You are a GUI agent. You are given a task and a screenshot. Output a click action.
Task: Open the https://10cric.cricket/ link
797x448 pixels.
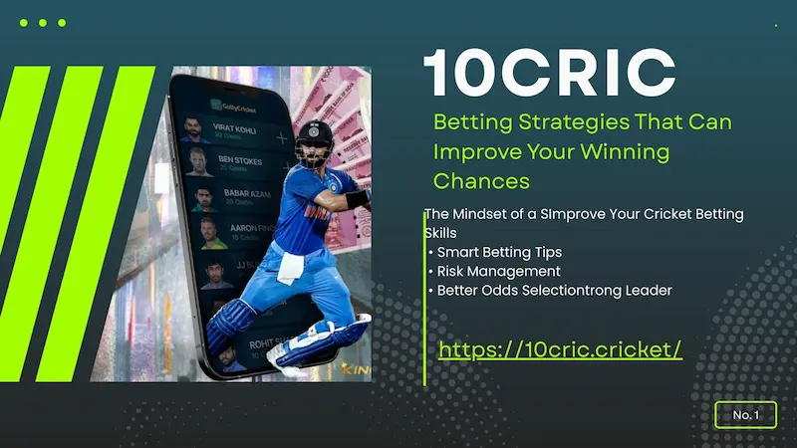[x=560, y=349]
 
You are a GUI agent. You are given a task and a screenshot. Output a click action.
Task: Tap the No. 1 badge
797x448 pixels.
[x=745, y=414]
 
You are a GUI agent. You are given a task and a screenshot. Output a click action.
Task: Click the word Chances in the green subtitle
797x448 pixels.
[x=481, y=181]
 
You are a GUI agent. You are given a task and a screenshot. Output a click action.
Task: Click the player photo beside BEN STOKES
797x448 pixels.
[x=195, y=163]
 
